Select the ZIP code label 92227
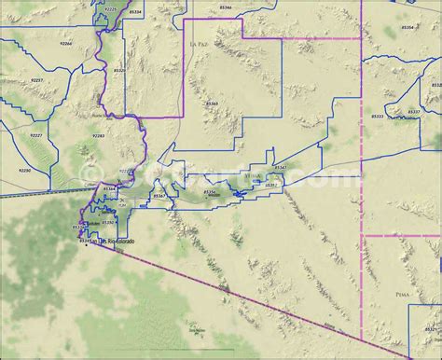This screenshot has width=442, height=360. pos(35,135)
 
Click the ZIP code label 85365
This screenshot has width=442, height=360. pos(212,104)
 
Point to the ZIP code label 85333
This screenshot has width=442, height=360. pos(377,117)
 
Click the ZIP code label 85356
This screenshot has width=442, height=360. pos(210,191)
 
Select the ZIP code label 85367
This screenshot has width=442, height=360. pos(159,196)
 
